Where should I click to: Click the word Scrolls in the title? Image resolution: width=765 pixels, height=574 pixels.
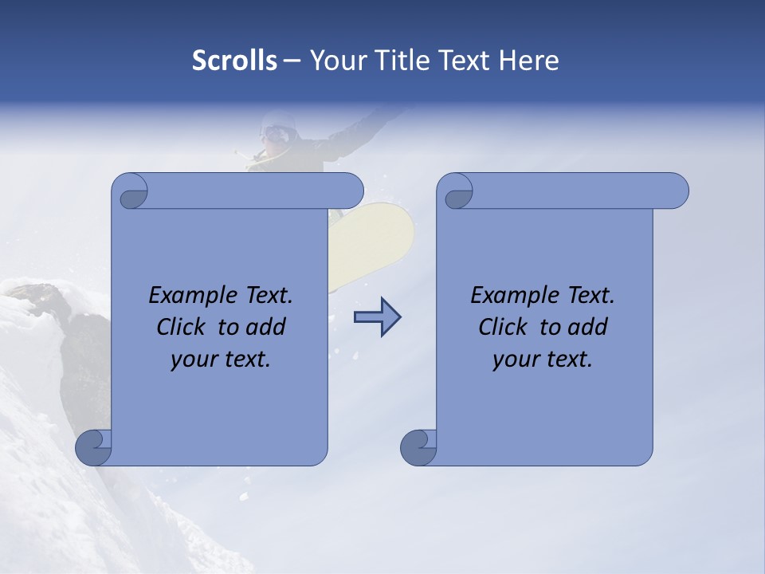[x=234, y=61]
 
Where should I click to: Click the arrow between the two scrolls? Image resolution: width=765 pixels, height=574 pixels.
[x=377, y=317]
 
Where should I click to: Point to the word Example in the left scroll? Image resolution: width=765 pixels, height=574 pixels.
[x=194, y=296]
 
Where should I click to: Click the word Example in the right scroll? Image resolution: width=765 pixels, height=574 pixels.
[x=516, y=296]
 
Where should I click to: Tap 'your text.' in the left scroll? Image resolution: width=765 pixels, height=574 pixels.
[x=221, y=360]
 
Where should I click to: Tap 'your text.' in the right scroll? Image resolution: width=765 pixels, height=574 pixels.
[x=543, y=360]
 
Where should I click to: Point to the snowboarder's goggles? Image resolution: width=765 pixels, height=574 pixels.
[x=275, y=133]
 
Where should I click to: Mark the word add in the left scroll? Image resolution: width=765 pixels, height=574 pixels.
[x=267, y=327]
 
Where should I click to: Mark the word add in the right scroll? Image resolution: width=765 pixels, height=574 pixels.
[x=589, y=327]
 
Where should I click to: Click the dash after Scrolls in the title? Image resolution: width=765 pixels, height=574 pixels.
[x=292, y=61]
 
